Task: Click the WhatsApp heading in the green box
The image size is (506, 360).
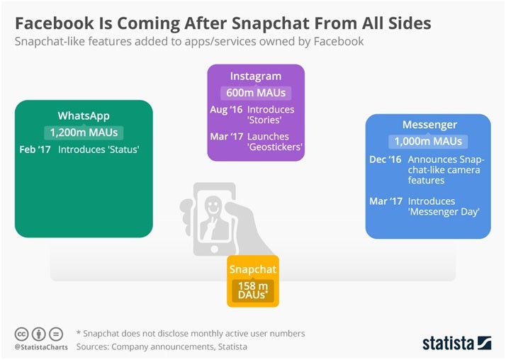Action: tap(84, 116)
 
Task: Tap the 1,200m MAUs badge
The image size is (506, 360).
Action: tap(84, 133)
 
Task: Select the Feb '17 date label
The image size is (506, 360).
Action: tap(35, 150)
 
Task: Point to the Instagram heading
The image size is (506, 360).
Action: tap(256, 77)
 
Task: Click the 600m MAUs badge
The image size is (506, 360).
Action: tap(256, 93)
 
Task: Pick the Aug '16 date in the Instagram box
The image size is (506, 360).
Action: tap(226, 110)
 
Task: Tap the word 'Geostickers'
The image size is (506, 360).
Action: tap(275, 147)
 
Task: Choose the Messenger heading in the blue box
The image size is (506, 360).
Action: tap(429, 125)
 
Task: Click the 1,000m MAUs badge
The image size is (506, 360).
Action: tap(428, 141)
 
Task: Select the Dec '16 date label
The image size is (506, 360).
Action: tap(386, 159)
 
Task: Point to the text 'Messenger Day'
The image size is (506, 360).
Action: tap(444, 212)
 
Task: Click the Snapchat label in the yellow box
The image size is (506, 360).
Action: tap(253, 269)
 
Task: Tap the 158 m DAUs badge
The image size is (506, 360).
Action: tap(253, 291)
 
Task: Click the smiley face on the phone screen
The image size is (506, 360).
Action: tap(213, 205)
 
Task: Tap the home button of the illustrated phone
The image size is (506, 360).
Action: tap(214, 249)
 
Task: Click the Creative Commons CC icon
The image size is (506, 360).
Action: tap(22, 334)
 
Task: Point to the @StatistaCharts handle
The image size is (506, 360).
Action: tap(41, 347)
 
